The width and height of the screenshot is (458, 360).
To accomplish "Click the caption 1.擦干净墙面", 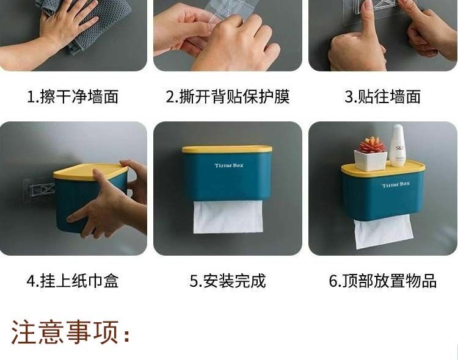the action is (73, 96).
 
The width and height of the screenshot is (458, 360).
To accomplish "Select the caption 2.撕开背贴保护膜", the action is (228, 96).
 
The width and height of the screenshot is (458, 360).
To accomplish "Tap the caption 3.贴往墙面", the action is (383, 96).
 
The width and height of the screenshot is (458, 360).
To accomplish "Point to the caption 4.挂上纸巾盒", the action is (73, 281).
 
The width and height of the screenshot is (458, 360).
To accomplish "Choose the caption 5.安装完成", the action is (228, 281).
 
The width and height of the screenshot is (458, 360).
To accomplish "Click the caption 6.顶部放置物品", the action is (383, 281).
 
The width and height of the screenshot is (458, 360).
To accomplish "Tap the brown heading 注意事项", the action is (70, 332).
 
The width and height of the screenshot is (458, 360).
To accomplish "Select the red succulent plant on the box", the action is (371, 145).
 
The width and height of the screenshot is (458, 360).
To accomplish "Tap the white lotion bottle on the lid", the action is (398, 146).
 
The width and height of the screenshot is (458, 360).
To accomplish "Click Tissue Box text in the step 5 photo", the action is (229, 165).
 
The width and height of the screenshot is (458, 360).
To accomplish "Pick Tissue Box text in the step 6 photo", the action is (396, 184).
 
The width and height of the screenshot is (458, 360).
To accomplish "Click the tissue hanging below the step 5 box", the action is (228, 217).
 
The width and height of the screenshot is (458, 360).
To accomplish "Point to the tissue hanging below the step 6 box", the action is (383, 232).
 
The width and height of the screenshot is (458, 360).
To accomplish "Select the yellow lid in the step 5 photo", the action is (227, 149).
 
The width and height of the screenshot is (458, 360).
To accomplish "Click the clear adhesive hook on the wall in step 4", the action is (38, 190).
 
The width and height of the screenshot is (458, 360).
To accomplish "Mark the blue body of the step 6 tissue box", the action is (383, 196).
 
